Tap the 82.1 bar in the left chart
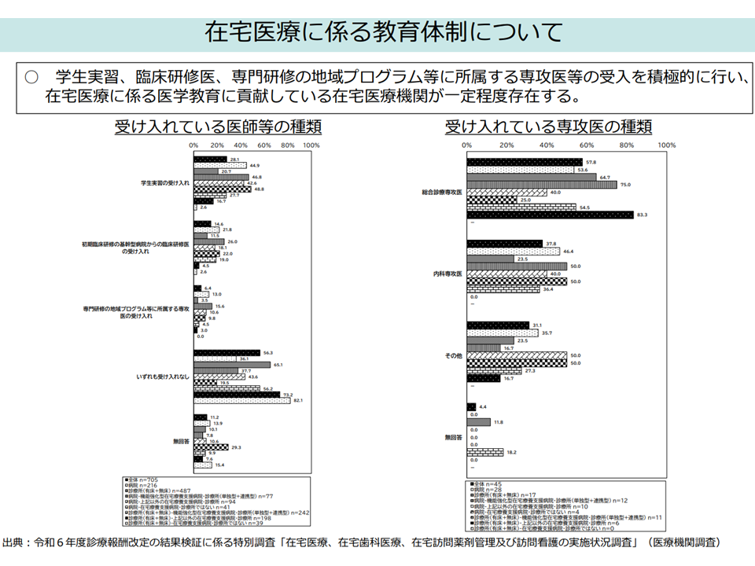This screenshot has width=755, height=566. (242, 401)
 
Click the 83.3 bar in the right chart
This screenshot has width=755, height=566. (550, 215)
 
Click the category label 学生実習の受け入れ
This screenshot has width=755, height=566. (165, 182)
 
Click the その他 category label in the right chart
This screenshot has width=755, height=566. (453, 355)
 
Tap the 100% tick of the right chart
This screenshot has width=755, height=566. (666, 146)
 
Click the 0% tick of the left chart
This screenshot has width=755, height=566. (193, 146)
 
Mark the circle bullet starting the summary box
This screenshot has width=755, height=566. (31, 77)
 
